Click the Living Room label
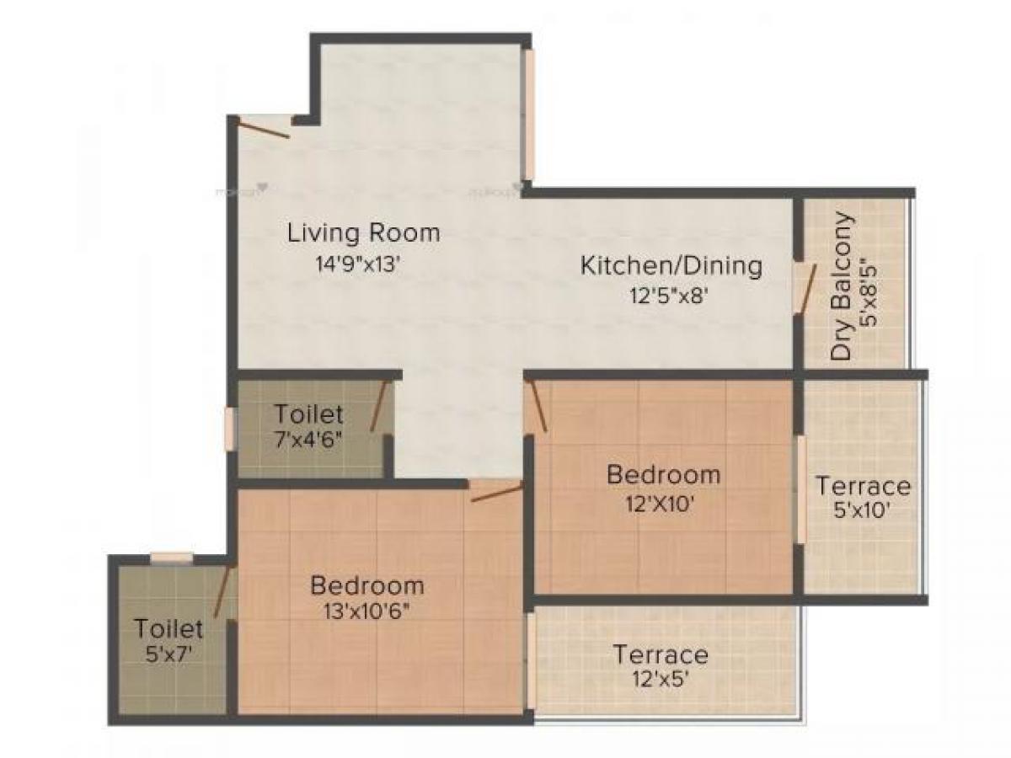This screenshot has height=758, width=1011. [x=364, y=232]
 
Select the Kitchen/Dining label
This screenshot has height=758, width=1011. [x=671, y=266]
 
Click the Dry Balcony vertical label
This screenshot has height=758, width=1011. [x=842, y=286]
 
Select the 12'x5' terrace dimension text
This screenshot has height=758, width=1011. [x=660, y=678]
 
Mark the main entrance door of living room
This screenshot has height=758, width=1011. [x=263, y=128]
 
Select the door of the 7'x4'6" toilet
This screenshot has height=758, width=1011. [x=378, y=406]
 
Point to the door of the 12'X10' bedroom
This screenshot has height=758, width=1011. [x=537, y=407]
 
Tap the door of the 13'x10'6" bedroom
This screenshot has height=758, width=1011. [x=496, y=493]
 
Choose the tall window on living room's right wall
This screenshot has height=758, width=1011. [x=528, y=115]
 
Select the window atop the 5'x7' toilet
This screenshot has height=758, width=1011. [x=171, y=558]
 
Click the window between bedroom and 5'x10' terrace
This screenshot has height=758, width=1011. [x=800, y=488]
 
